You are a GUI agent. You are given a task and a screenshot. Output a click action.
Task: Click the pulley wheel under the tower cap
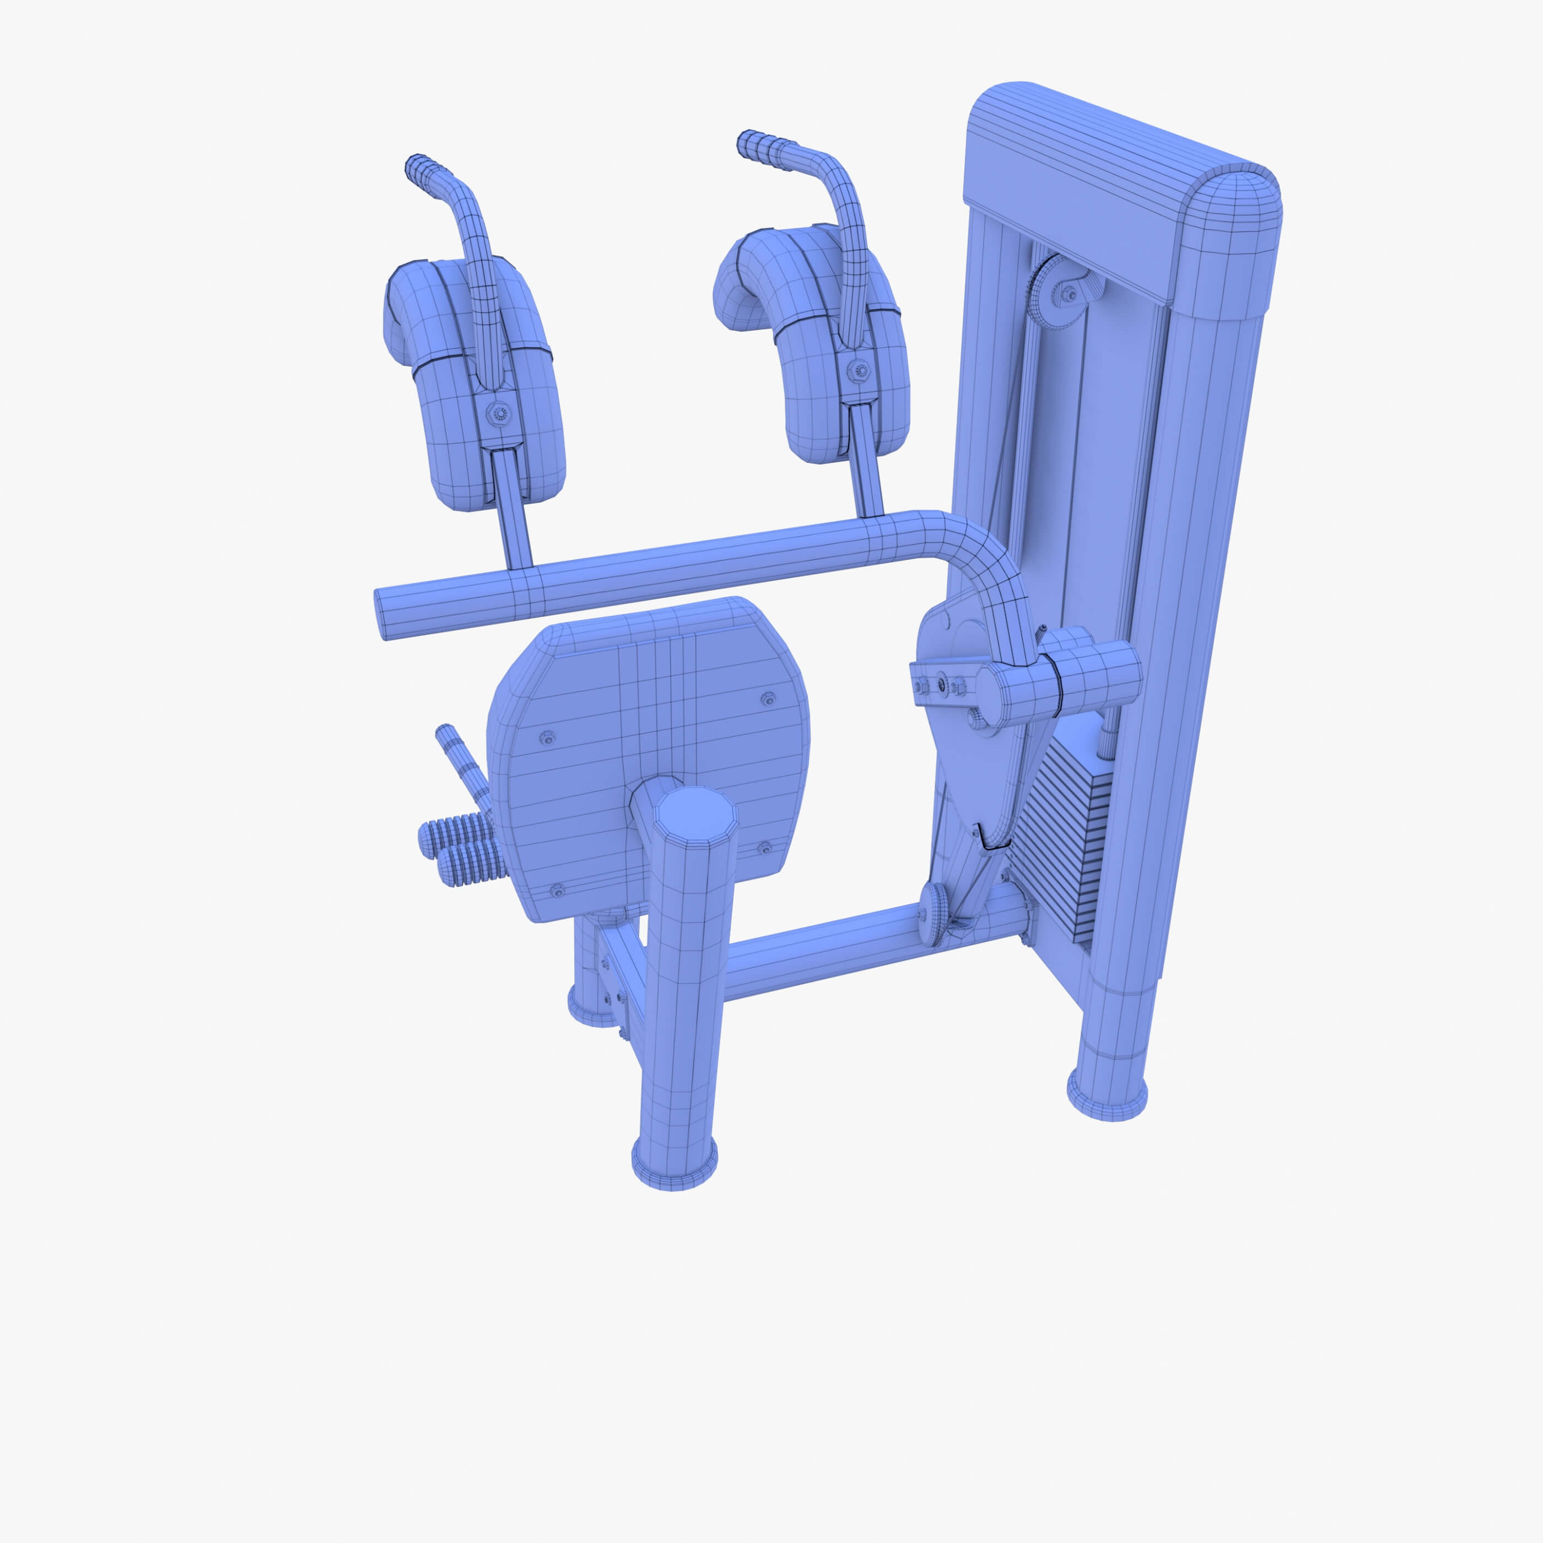click(x=1053, y=292)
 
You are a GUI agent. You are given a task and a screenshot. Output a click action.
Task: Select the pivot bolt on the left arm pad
click(x=501, y=413)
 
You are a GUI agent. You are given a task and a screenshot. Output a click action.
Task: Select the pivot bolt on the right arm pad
click(x=859, y=370)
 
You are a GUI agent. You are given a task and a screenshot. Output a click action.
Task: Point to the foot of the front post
click(x=675, y=1161)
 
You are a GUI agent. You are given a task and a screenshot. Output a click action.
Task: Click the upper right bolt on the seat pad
click(x=768, y=697)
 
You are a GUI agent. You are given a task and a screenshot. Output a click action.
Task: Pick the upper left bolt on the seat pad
click(x=548, y=736)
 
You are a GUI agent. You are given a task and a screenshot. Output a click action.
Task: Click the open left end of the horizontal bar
click(x=382, y=613)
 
